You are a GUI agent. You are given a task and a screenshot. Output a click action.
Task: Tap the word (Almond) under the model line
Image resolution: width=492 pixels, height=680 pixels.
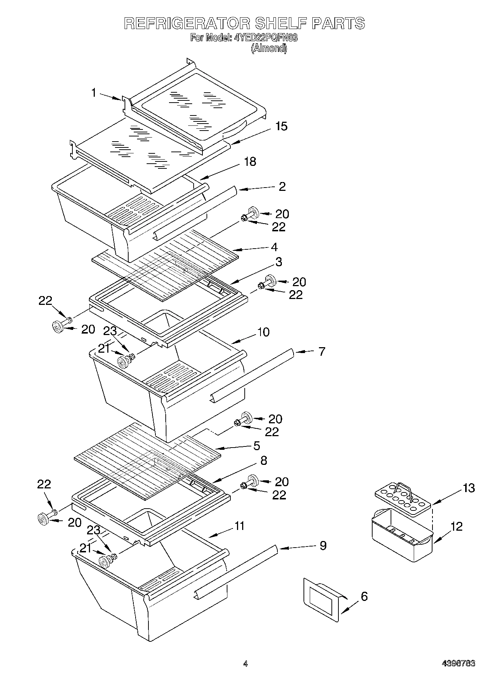tap(269, 48)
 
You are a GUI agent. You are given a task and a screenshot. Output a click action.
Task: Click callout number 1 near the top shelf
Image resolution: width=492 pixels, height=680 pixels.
tap(94, 93)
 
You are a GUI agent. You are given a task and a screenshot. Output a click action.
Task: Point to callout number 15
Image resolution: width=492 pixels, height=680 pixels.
tap(281, 126)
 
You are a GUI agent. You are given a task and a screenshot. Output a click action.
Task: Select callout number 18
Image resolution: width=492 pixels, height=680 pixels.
tap(250, 161)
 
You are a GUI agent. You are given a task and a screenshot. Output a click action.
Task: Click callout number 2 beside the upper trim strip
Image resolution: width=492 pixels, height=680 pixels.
tap(282, 186)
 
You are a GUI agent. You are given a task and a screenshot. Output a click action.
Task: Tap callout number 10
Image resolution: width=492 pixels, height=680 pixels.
tap(263, 332)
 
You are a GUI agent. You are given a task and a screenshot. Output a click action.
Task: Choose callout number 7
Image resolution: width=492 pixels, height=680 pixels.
tap(322, 351)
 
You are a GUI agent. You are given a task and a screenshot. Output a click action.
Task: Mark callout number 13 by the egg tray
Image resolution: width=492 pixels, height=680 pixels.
tap(468, 488)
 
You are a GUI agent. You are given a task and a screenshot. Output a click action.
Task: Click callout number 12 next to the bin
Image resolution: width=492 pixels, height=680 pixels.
tap(456, 526)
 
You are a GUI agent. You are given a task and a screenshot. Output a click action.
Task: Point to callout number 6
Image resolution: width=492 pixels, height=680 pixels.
tap(364, 596)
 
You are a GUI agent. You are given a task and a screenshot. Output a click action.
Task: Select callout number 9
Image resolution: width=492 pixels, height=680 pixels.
tap(323, 545)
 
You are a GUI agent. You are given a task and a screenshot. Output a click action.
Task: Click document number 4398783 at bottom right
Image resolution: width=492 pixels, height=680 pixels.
tap(458, 663)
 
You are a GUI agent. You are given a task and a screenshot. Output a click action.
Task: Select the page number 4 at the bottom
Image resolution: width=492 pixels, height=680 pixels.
tap(245, 664)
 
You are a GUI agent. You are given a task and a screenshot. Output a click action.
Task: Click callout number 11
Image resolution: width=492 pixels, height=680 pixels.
tap(239, 526)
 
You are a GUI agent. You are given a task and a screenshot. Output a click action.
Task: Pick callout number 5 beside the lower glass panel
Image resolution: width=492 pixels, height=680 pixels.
tap(256, 446)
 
